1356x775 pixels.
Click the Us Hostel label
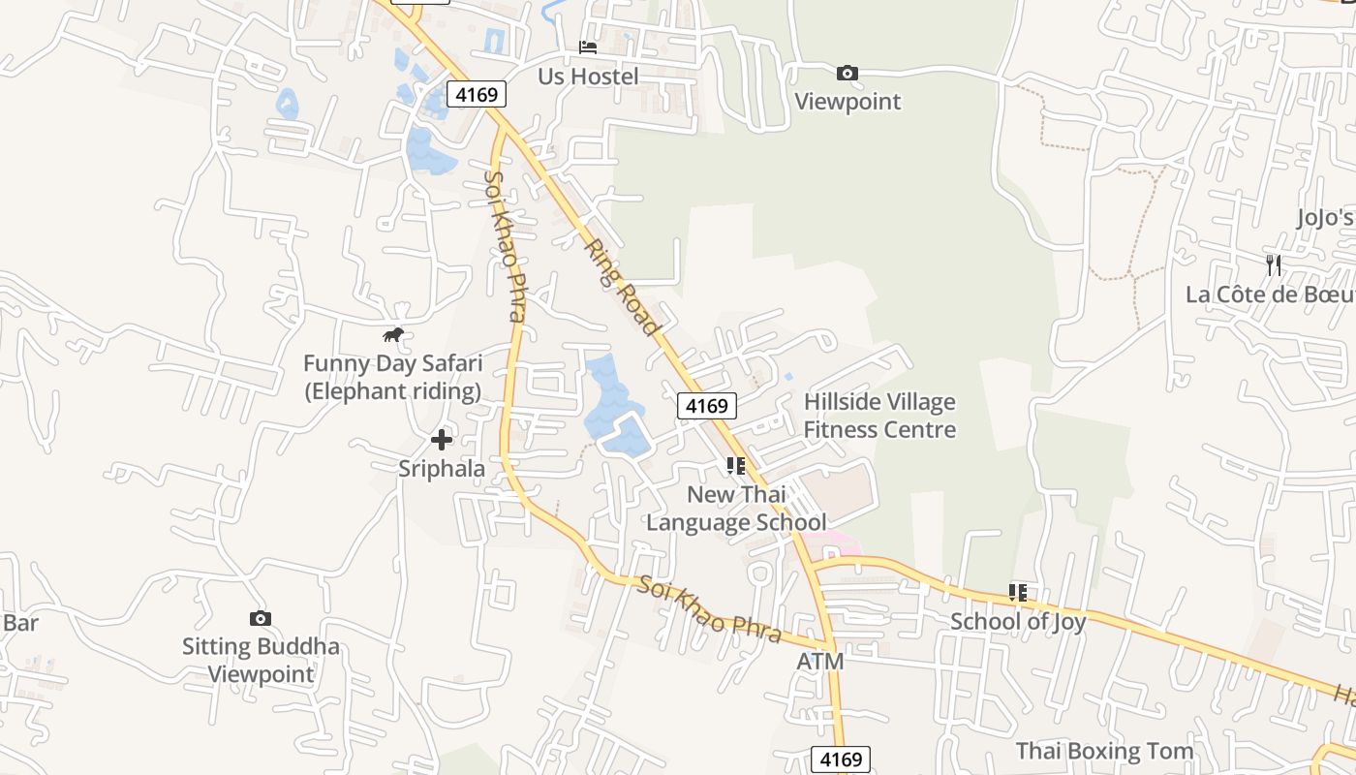[588, 77]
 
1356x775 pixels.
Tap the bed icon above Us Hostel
[588, 46]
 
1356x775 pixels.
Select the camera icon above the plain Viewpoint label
[847, 73]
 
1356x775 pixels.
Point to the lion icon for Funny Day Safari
[392, 335]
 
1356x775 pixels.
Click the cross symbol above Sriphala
[442, 440]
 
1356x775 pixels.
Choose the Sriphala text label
[442, 469]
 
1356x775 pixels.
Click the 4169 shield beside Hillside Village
[706, 405]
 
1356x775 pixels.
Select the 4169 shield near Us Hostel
[477, 94]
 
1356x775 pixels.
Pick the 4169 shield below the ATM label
[841, 759]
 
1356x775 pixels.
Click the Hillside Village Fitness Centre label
[879, 416]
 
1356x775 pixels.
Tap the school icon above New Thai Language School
[736, 466]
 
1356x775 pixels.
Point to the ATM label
[820, 662]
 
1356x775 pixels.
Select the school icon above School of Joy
[1018, 592]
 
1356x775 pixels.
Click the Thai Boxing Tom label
[1104, 751]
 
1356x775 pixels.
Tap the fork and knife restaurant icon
[1274, 264]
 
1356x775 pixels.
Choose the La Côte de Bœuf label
[1269, 294]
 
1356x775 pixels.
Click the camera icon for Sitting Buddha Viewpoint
[261, 618]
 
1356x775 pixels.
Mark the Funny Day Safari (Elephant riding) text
[392, 377]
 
